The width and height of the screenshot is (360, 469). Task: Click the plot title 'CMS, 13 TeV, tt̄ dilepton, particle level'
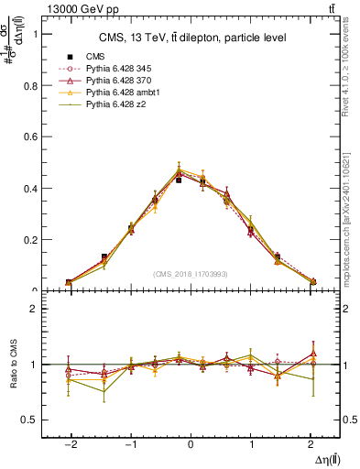[192, 38]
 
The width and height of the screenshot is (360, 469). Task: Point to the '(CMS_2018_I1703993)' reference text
[191, 274]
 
